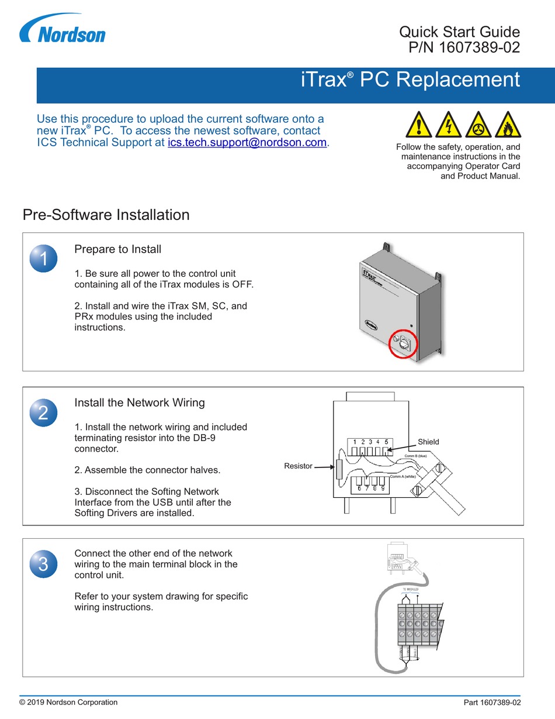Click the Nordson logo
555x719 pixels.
tap(63, 30)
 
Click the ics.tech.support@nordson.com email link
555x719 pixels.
tap(248, 142)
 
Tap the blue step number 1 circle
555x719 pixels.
tap(43, 257)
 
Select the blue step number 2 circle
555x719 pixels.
tap(43, 412)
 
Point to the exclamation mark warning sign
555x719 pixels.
tap(419, 125)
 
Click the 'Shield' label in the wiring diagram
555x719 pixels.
tap(428, 442)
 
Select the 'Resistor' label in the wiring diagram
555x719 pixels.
tap(297, 466)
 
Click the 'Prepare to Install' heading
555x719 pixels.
tap(117, 249)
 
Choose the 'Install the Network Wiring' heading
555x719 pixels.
tap(140, 402)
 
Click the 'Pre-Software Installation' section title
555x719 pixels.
tap(106, 215)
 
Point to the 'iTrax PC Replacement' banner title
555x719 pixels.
tap(410, 80)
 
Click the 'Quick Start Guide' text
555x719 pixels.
tap(459, 32)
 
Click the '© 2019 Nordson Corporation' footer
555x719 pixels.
tap(68, 702)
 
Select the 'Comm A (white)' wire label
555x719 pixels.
tap(403, 477)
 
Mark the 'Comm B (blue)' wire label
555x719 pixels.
tap(417, 456)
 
